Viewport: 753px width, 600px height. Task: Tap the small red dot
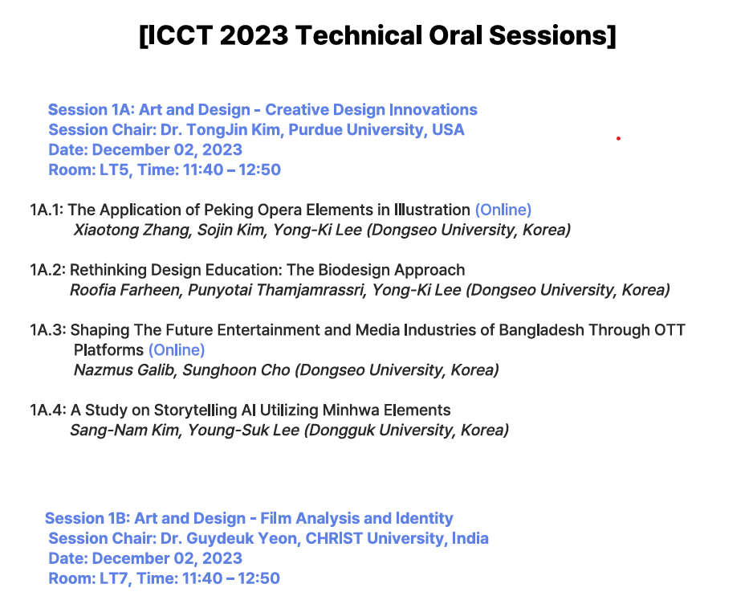(618, 138)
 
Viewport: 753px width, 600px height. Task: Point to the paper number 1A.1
(47, 210)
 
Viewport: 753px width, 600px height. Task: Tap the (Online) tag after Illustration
(503, 210)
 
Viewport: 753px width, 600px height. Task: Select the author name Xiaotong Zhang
(133, 230)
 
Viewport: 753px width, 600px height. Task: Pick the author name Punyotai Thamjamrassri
(276, 290)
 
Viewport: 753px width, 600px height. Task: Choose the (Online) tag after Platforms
(177, 350)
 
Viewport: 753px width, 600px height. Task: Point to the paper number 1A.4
(47, 410)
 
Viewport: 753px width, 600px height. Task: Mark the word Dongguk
(341, 431)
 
